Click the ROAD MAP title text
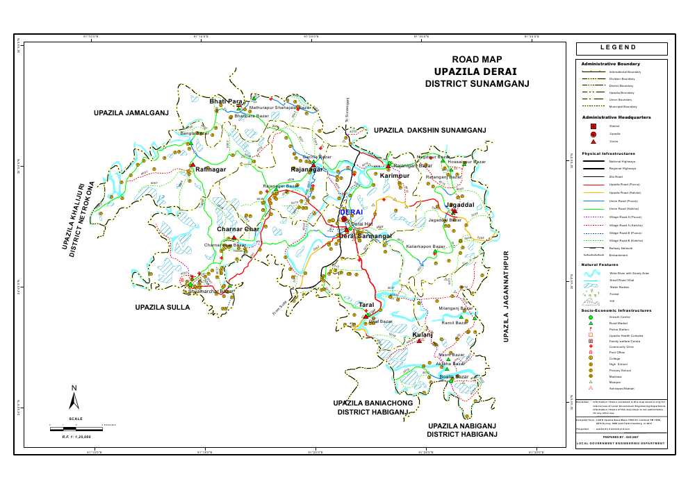pos(477,60)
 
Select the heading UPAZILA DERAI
pos(475,72)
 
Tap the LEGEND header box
pos(621,49)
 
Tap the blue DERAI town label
pos(351,212)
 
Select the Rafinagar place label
pos(211,169)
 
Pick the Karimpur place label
pos(397,176)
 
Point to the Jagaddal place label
pos(460,206)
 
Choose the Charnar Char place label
pos(238,229)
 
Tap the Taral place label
pos(366,305)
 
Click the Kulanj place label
pos(423,335)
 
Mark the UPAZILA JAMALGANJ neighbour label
pos(131,112)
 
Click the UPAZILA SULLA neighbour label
pos(163,306)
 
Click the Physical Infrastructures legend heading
pos(609,153)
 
